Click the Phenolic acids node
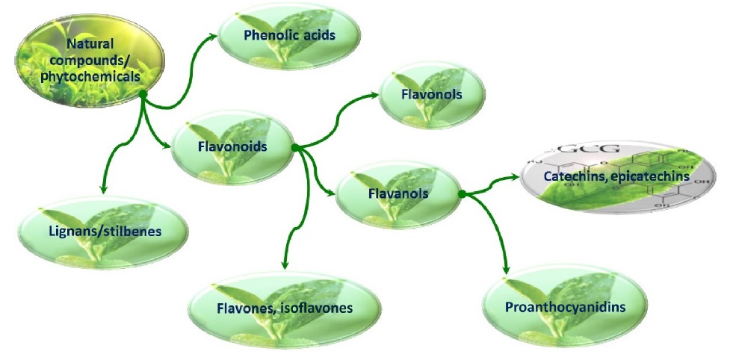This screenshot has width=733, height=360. click(x=289, y=35)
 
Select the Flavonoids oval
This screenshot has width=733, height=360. click(x=231, y=147)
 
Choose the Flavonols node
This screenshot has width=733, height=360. click(x=432, y=95)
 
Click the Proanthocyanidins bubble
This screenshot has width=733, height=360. click(x=564, y=306)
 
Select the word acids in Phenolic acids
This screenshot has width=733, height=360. click(x=319, y=35)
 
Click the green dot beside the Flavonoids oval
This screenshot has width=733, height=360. click(x=295, y=149)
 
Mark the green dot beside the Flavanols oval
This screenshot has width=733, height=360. click(x=461, y=194)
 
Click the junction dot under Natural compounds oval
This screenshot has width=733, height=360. click(x=142, y=94)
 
